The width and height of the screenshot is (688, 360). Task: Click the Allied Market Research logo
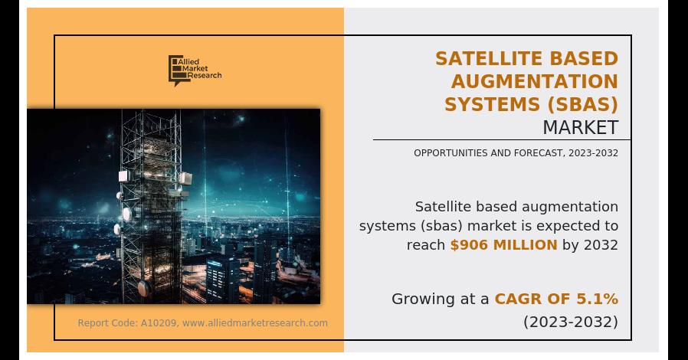pyautogui.click(x=195, y=70)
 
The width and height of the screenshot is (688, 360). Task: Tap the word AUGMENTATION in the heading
pyautogui.click(x=535, y=81)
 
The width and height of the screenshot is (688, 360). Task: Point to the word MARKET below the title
pyautogui.click(x=580, y=126)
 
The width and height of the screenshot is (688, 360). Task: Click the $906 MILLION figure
pyautogui.click(x=503, y=245)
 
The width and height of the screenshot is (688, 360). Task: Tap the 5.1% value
pyautogui.click(x=598, y=299)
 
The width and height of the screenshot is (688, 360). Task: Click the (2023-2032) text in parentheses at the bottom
pyautogui.click(x=571, y=322)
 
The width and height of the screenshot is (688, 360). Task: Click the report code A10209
pyautogui.click(x=159, y=323)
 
